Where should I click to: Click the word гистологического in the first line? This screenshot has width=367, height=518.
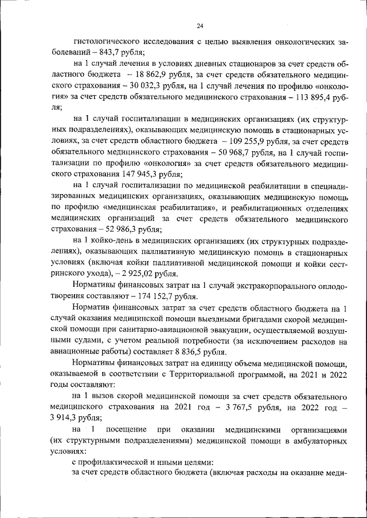[x=107, y=41]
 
